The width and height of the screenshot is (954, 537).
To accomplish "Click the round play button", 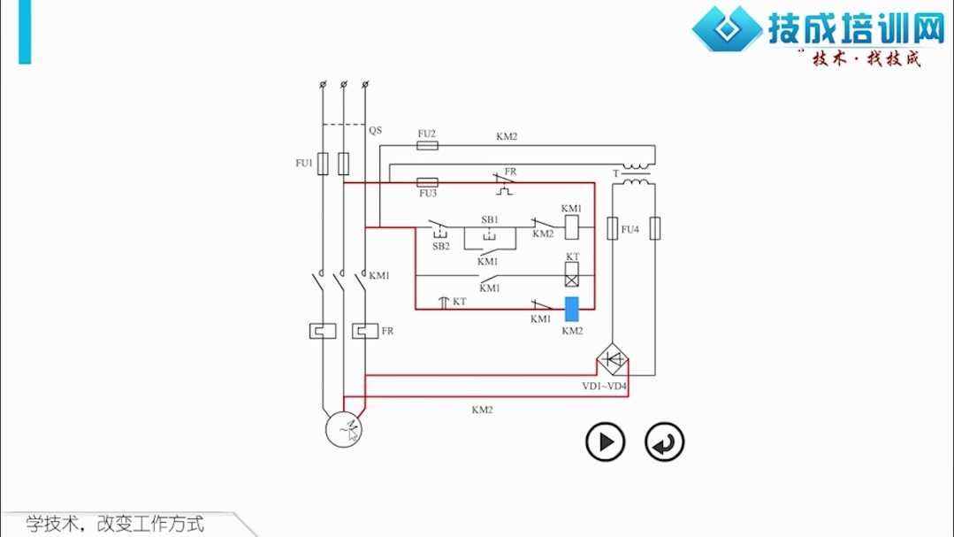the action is coord(606,441).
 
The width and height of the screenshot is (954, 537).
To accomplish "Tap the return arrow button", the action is coord(664,441).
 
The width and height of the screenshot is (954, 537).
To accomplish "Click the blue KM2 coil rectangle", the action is coord(572,309).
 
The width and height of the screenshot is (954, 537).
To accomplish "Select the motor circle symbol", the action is coord(344,429).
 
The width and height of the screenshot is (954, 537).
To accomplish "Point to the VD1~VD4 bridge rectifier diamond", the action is coord(612,359).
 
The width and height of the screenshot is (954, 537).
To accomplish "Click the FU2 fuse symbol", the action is coord(427,145).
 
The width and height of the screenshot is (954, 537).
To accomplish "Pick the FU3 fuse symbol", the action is coord(427,182).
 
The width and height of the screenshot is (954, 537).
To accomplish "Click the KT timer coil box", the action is coord(572,274).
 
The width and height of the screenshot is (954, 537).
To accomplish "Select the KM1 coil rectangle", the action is coord(572,227).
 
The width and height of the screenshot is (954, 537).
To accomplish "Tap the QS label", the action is coord(376,130).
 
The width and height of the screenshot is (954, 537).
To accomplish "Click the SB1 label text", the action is coord(490,219).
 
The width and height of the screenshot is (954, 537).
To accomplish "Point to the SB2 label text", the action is coord(441,246).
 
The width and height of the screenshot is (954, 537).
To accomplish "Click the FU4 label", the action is coord(630,229).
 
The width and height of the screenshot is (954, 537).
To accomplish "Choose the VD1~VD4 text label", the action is coord(604,386).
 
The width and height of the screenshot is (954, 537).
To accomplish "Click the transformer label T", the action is coord(615,173).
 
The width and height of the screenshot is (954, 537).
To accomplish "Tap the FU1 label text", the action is coord(303,163).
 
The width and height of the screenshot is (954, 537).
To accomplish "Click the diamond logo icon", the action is coord(727,28).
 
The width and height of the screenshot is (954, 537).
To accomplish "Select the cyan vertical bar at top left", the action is coord(25,32).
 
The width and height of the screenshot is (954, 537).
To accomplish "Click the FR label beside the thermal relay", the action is coord(387,331).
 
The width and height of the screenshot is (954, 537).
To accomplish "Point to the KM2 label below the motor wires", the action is coord(482,410).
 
